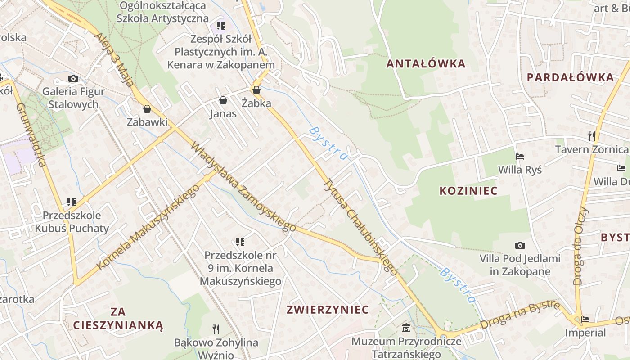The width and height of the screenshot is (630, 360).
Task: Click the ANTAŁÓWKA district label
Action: [426, 63]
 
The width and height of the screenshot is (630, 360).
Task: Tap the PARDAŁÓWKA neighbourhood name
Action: [570, 77]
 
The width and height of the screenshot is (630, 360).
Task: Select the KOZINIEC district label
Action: [468, 191]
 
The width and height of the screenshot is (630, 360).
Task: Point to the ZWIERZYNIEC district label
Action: [328, 310]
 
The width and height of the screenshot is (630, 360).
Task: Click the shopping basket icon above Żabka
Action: [256, 90]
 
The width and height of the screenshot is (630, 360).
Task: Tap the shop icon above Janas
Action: [223, 100]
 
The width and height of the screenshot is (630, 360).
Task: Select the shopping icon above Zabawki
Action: [147, 108]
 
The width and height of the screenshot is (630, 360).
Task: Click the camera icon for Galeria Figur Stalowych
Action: [73, 78]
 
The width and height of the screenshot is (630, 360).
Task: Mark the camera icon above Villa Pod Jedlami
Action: [520, 245]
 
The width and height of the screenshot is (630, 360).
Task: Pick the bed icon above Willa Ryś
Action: [520, 157]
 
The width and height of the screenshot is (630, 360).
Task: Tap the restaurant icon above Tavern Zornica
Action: [591, 135]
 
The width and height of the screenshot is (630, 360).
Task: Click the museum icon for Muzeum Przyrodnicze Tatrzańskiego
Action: [406, 328]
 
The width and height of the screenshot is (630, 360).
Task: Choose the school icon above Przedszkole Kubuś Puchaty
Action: [71, 202]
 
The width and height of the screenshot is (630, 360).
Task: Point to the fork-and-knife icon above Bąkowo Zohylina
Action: [216, 329]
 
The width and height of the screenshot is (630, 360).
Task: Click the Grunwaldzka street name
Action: [31, 135]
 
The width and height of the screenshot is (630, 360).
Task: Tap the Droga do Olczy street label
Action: [581, 246]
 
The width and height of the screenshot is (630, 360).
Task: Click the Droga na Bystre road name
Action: [520, 315]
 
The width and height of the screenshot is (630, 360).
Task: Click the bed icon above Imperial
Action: [585, 319]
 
